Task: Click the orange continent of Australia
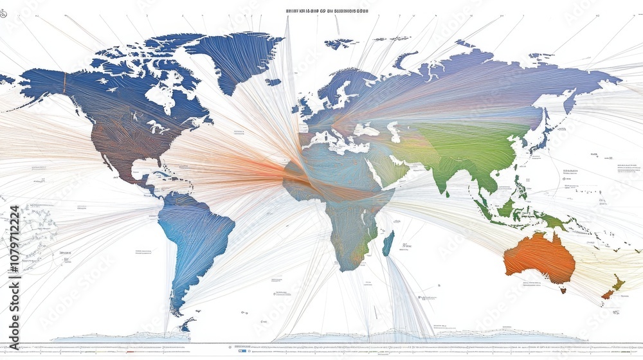[x=539, y=257]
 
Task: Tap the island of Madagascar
[x=388, y=244]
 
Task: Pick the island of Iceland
[x=273, y=82]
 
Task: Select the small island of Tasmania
[x=563, y=291]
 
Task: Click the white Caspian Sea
[x=394, y=132]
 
